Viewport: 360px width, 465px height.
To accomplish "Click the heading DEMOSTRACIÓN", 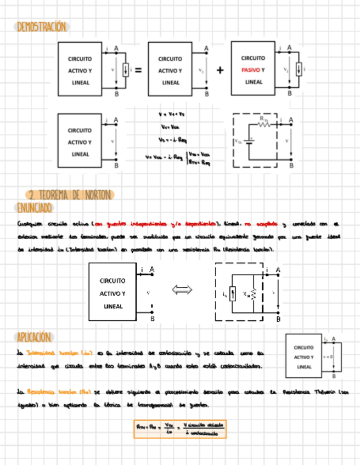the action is [42, 27].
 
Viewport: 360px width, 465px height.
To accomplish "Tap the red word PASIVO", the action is [250, 70].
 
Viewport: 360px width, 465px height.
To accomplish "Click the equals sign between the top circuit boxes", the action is [138, 70].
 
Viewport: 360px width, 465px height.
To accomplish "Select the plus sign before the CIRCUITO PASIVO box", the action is [220, 70].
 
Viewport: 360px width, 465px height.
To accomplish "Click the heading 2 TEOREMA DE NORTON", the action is [71, 195].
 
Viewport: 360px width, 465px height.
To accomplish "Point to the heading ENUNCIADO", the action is [35, 207].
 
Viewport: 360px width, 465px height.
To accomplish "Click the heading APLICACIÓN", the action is [34, 337].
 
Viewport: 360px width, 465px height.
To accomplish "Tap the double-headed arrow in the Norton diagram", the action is [182, 290].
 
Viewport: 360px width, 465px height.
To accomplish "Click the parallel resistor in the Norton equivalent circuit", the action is [254, 294].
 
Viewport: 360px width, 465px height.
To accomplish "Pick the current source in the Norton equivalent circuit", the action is [232, 294].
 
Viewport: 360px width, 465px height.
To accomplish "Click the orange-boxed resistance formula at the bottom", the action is [180, 429].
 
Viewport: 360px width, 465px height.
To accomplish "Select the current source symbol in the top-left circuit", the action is [126, 70].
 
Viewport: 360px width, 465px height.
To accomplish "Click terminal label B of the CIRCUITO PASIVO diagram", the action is [290, 93].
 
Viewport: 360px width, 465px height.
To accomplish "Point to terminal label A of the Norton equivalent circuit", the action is [278, 270].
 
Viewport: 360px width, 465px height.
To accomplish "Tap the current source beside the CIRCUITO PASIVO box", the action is [299, 70].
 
